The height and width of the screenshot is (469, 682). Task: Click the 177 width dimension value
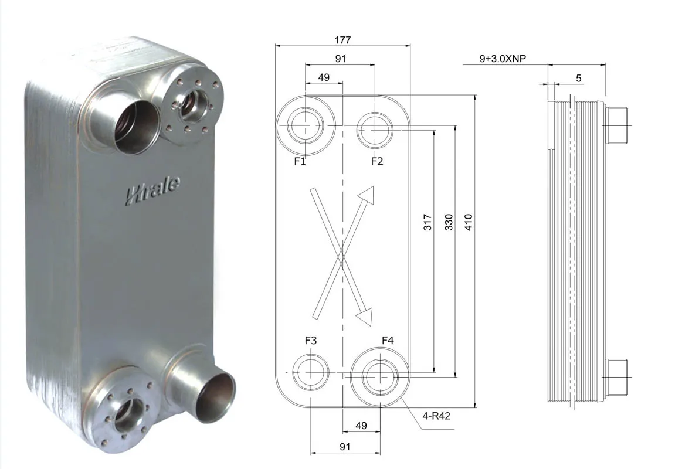(x=342, y=40)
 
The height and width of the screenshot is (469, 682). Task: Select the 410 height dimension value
(x=468, y=222)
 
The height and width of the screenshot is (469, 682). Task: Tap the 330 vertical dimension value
(x=449, y=222)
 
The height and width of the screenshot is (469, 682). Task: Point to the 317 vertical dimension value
(x=428, y=222)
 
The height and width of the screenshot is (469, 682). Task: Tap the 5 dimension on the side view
(x=578, y=78)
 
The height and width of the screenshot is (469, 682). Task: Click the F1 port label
(x=300, y=161)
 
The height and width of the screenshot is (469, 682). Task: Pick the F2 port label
(x=376, y=161)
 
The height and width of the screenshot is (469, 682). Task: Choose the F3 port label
(x=311, y=341)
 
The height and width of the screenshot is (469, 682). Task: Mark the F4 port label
(x=388, y=341)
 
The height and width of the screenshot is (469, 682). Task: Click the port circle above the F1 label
(x=306, y=125)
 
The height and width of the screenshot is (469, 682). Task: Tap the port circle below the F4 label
(x=379, y=373)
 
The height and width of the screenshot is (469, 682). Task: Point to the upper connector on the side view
(x=617, y=125)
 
